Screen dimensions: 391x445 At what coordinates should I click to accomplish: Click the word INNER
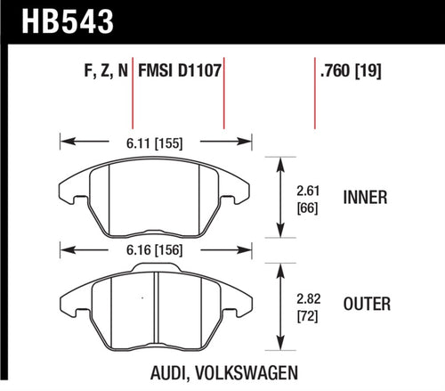click(x=364, y=198)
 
